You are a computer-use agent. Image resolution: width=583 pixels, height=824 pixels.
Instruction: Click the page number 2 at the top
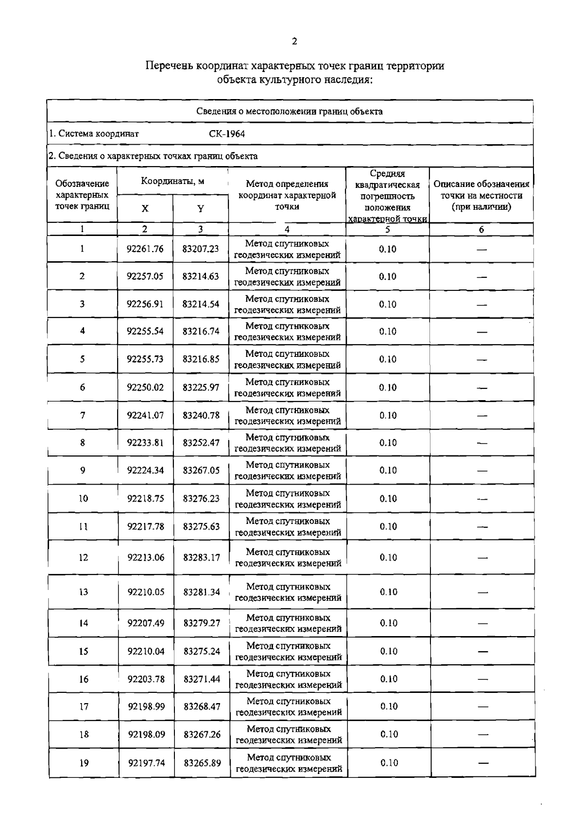click(x=294, y=42)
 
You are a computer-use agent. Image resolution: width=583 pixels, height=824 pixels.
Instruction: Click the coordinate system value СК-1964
click(x=227, y=134)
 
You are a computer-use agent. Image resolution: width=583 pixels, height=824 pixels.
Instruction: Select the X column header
click(x=145, y=209)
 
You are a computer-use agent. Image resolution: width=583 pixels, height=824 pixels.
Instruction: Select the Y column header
click(x=200, y=209)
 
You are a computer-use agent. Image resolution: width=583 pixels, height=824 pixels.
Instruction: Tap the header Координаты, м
click(x=172, y=182)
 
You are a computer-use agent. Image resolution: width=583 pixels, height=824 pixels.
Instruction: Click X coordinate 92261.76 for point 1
click(x=145, y=249)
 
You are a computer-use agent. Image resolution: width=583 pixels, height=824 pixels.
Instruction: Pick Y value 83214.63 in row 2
click(x=201, y=276)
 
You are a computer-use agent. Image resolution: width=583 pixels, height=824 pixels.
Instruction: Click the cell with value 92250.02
click(x=145, y=387)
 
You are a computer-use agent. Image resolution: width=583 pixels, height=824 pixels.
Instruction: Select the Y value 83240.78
click(x=201, y=415)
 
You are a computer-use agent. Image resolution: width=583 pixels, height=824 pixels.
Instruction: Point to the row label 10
click(x=83, y=499)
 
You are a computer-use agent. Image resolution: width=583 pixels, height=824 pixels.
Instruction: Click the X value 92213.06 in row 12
click(x=146, y=557)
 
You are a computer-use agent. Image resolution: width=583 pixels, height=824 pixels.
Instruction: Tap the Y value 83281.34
click(x=202, y=592)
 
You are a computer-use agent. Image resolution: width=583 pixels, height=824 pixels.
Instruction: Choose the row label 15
click(x=84, y=652)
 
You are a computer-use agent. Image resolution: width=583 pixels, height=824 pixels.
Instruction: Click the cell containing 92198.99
click(x=146, y=707)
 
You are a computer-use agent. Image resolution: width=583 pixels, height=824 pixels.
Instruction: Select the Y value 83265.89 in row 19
click(x=202, y=763)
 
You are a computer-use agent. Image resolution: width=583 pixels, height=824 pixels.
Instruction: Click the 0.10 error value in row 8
click(x=388, y=443)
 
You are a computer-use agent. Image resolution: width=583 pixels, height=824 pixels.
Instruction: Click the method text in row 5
click(x=287, y=360)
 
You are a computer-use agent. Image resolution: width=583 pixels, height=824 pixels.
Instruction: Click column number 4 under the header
click(x=287, y=230)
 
